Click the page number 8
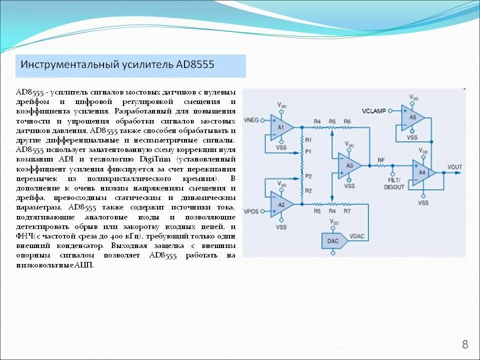[x=465, y=344]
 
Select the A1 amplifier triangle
[x=280, y=127]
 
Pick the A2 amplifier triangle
[x=280, y=204]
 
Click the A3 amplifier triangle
[x=349, y=165]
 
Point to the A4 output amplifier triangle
[x=423, y=172]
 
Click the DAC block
[x=332, y=240]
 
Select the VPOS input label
[x=251, y=211]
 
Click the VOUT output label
[x=454, y=167]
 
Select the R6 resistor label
[x=347, y=121]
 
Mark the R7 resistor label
[x=347, y=211]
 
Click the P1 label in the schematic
[x=308, y=150]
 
